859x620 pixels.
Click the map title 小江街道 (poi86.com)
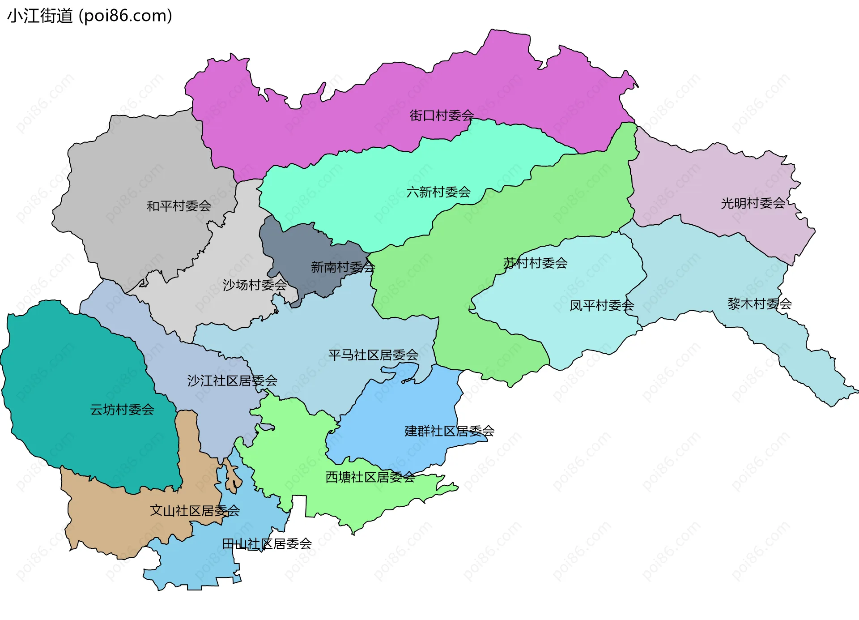[89, 16]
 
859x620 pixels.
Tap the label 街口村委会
[442, 115]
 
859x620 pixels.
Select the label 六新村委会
[438, 192]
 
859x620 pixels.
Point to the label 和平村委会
[179, 206]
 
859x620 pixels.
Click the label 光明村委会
[753, 203]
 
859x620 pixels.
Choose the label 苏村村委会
[535, 263]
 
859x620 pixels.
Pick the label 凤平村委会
[602, 305]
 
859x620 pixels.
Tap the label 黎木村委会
[760, 304]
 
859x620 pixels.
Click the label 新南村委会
[343, 267]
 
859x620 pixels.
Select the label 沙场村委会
[255, 285]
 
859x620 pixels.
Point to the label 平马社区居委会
[373, 355]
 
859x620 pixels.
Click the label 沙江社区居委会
[232, 381]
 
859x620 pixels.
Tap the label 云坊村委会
[122, 409]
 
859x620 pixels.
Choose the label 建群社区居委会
[449, 431]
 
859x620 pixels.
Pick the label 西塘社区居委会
[370, 477]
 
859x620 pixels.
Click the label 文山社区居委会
[195, 510]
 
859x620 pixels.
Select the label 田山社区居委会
[267, 544]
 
